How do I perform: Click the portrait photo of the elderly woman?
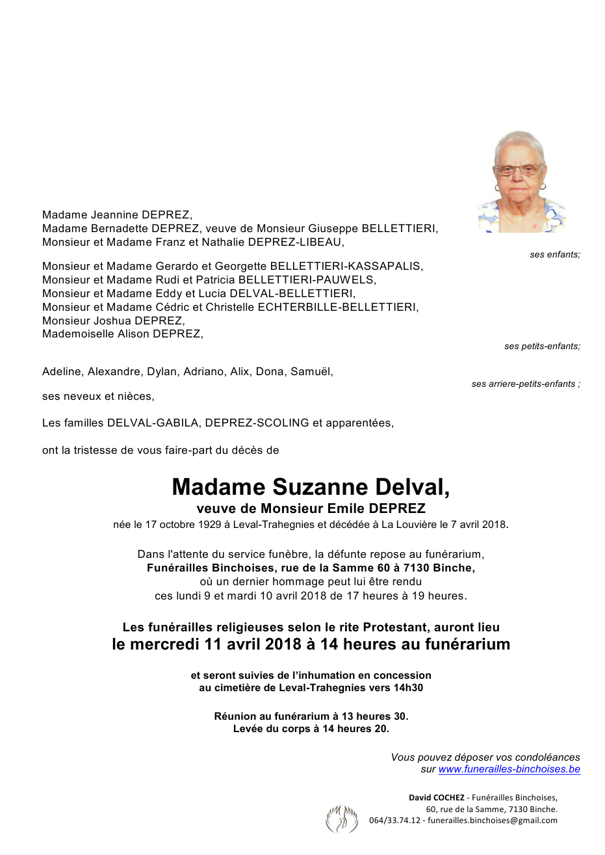tap(521, 181)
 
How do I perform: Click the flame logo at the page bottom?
tap(342, 819)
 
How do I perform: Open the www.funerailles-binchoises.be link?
tap(509, 769)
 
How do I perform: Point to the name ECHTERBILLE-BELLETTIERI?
tap(338, 307)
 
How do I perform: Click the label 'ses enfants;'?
tap(554, 254)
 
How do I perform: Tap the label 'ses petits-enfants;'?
tap(542, 346)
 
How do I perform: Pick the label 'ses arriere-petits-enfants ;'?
tap(525, 384)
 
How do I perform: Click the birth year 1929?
tap(208, 524)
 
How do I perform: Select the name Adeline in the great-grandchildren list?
tap(62, 371)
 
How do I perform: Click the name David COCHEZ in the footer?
tap(436, 797)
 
